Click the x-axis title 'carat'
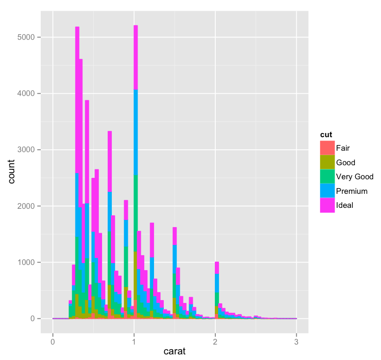point(174,351)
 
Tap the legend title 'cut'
point(326,134)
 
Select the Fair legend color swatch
point(327,148)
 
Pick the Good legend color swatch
point(327,162)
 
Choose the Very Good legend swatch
point(327,176)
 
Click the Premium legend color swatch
point(327,191)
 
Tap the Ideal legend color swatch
point(327,205)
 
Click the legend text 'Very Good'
point(355,176)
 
